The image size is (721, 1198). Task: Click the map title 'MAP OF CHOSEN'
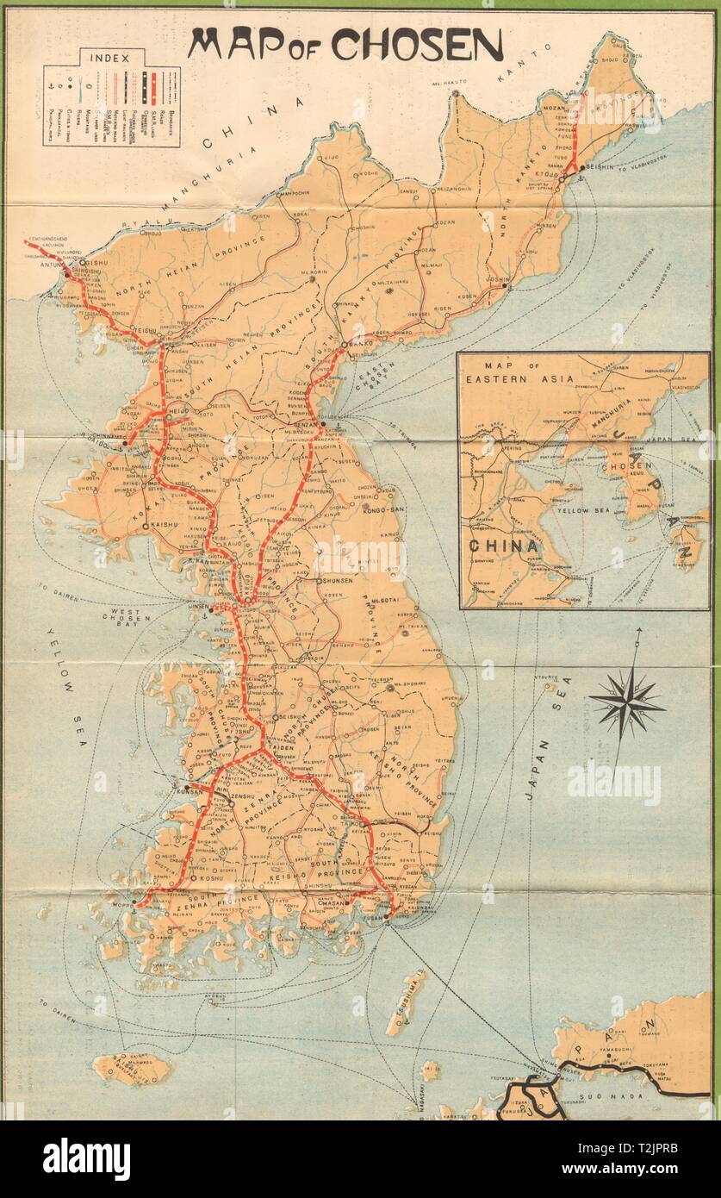[x=345, y=45]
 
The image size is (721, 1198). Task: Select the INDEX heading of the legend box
[x=111, y=59]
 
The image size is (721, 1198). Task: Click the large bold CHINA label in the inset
[x=504, y=546]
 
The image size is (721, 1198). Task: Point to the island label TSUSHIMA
[x=404, y=1004]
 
